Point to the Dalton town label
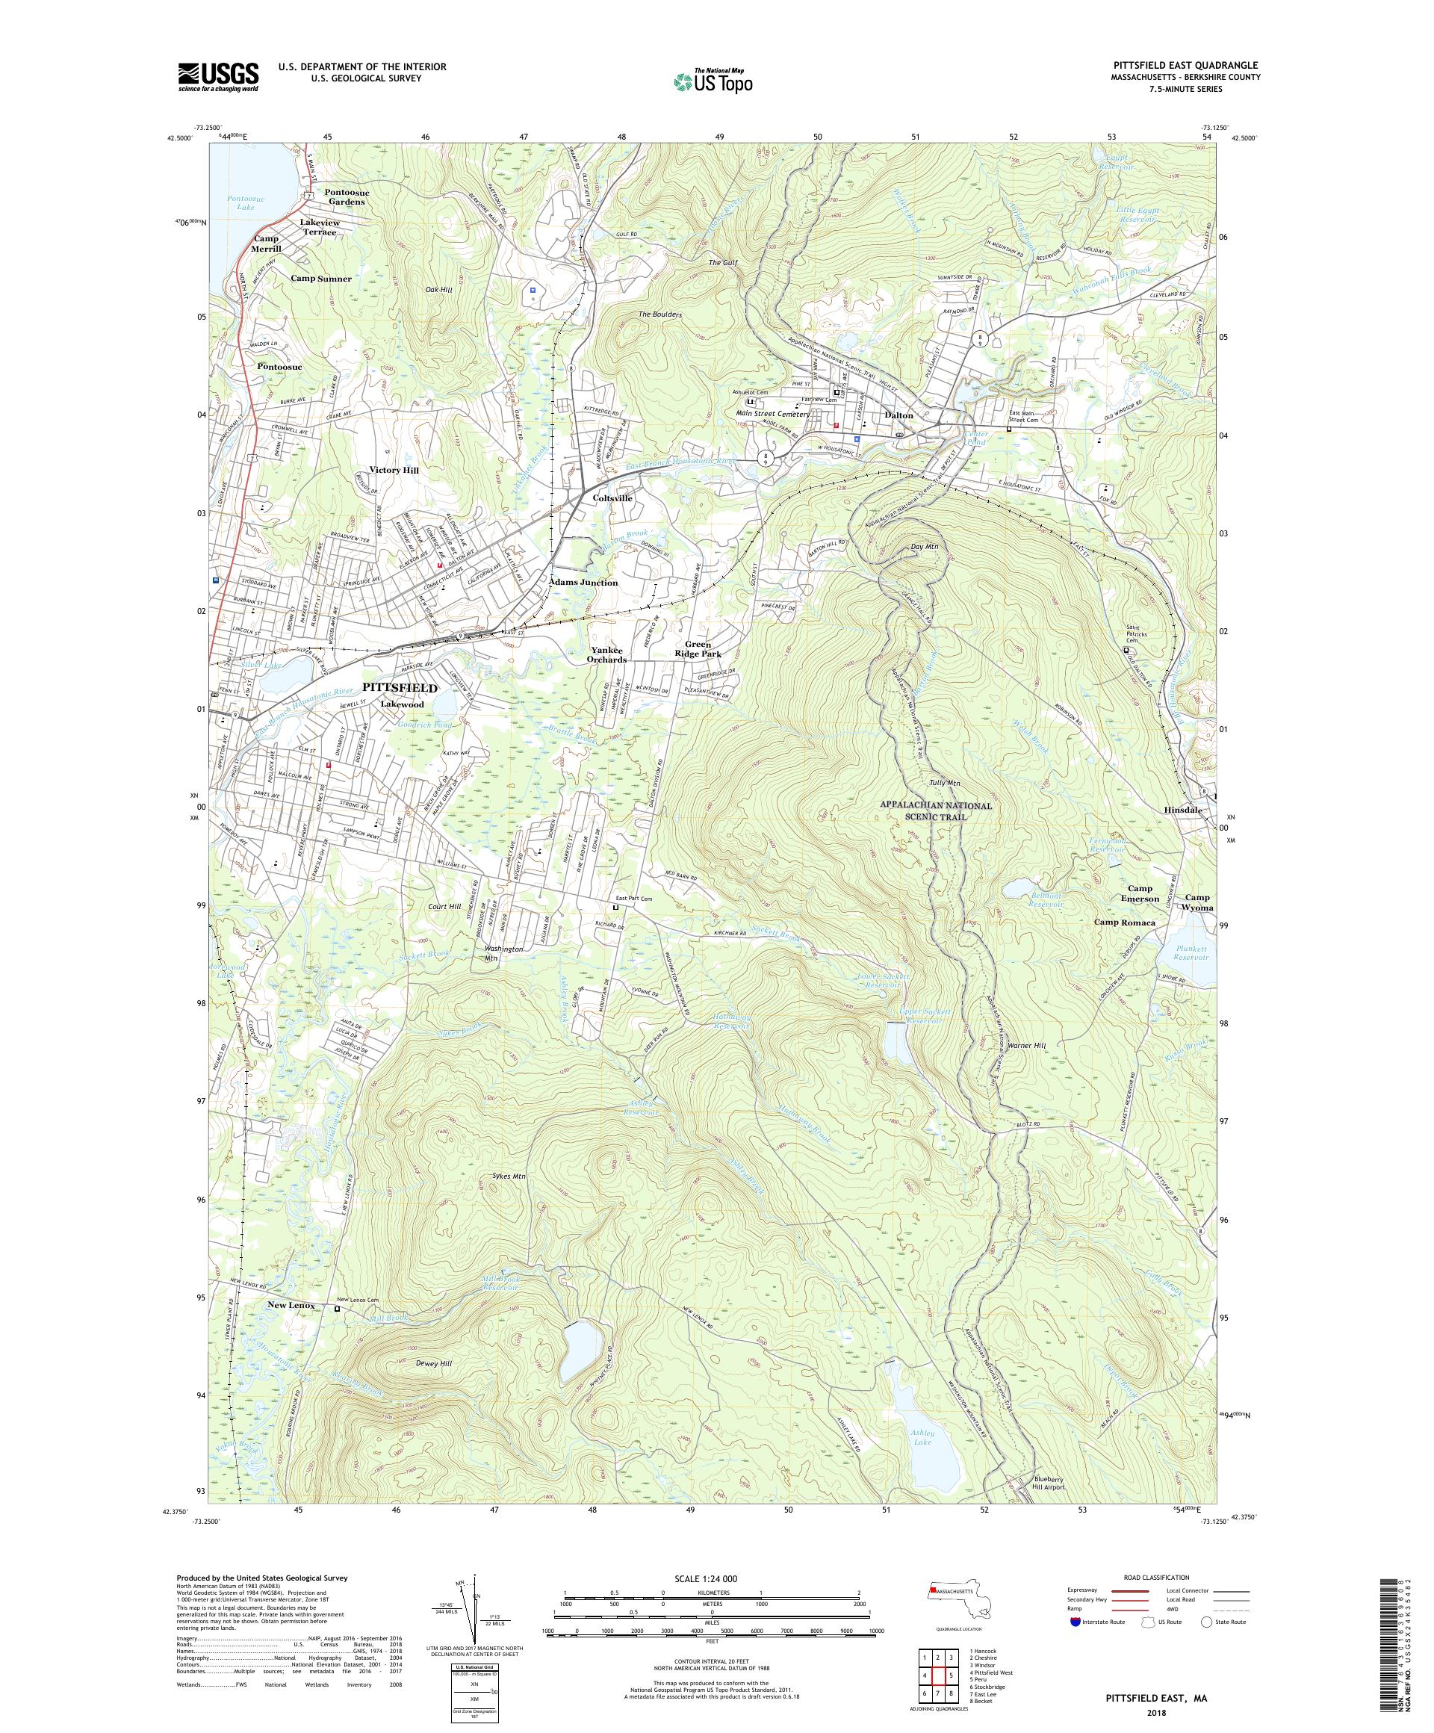[x=898, y=415]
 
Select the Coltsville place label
[x=612, y=498]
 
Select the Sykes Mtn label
[x=509, y=1176]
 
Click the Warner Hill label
[x=1027, y=1046]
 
